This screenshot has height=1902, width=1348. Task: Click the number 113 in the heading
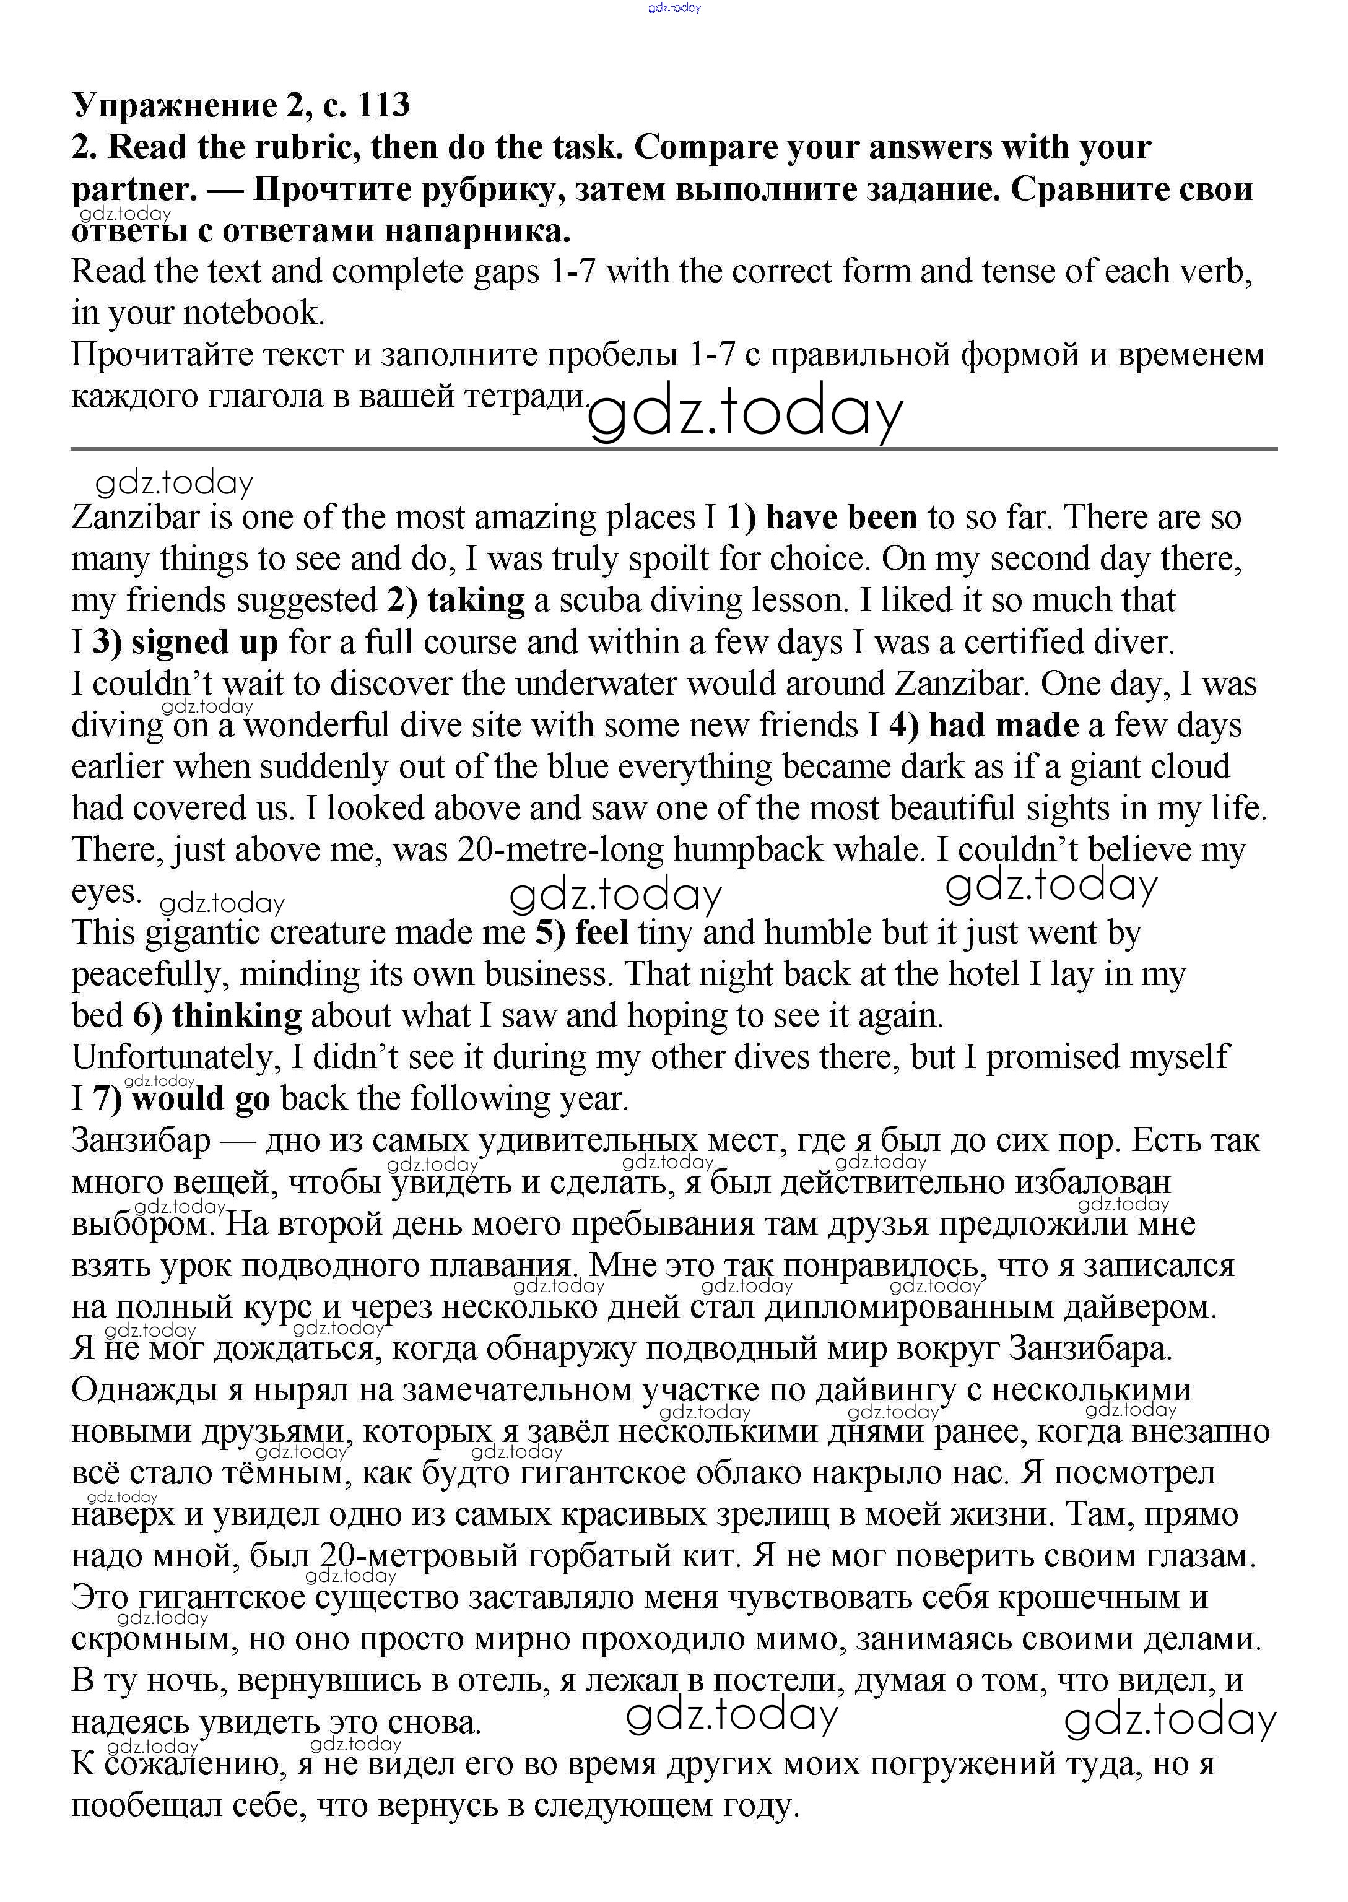click(x=383, y=105)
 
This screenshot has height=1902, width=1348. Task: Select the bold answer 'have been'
click(x=841, y=517)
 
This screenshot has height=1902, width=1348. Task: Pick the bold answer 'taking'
click(x=476, y=600)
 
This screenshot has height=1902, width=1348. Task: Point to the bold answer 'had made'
click(x=1002, y=725)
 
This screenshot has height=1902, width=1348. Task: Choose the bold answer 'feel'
click(x=601, y=933)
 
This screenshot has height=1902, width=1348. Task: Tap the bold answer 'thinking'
click(x=237, y=1016)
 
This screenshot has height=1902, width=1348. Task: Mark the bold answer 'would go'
click(x=201, y=1099)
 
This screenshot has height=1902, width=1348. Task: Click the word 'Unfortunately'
click(x=178, y=1057)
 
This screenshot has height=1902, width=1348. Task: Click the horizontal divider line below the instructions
click(x=673, y=449)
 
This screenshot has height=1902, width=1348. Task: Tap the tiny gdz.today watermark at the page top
click(x=674, y=7)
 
